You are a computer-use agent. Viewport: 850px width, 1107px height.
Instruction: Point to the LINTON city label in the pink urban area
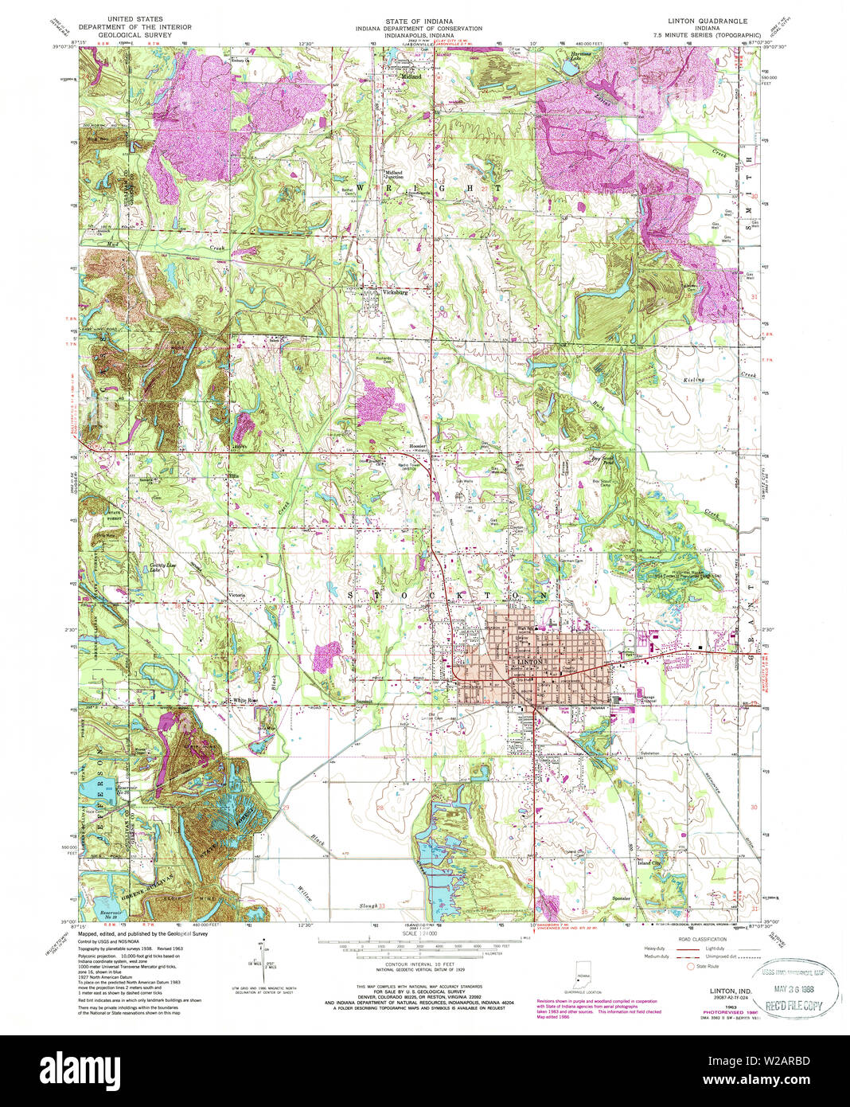529,662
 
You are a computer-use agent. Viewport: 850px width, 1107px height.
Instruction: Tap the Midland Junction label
394,174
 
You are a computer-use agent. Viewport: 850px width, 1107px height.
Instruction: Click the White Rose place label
244,701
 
